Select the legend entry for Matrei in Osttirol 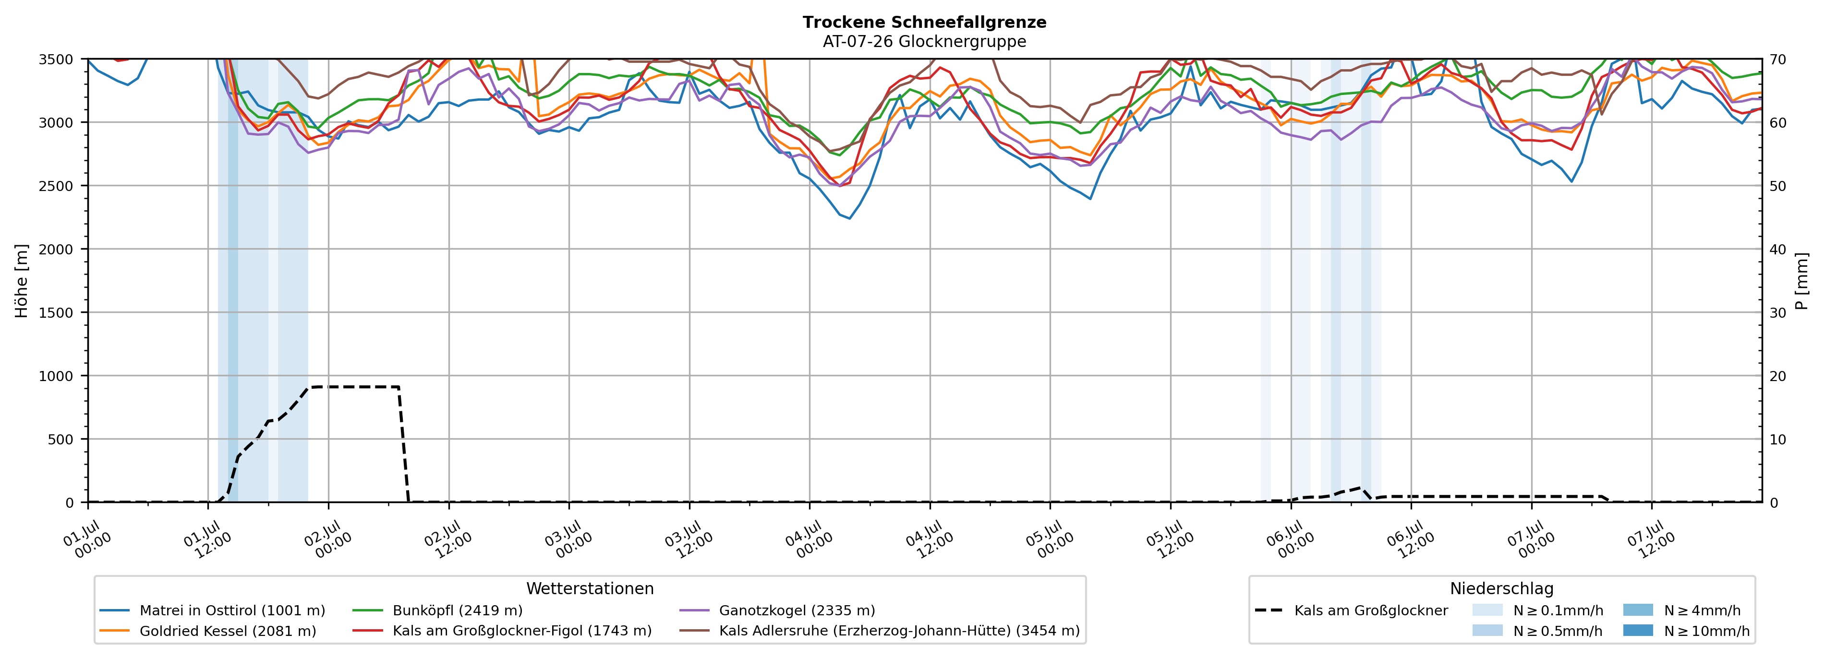tap(213, 610)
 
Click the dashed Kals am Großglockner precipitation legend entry tap(1351, 610)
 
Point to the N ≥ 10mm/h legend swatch tap(1638, 630)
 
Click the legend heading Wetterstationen tap(590, 588)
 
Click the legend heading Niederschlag tap(1501, 588)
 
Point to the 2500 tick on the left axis tap(56, 186)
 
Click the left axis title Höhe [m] tap(22, 280)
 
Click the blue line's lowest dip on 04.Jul tap(849, 218)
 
